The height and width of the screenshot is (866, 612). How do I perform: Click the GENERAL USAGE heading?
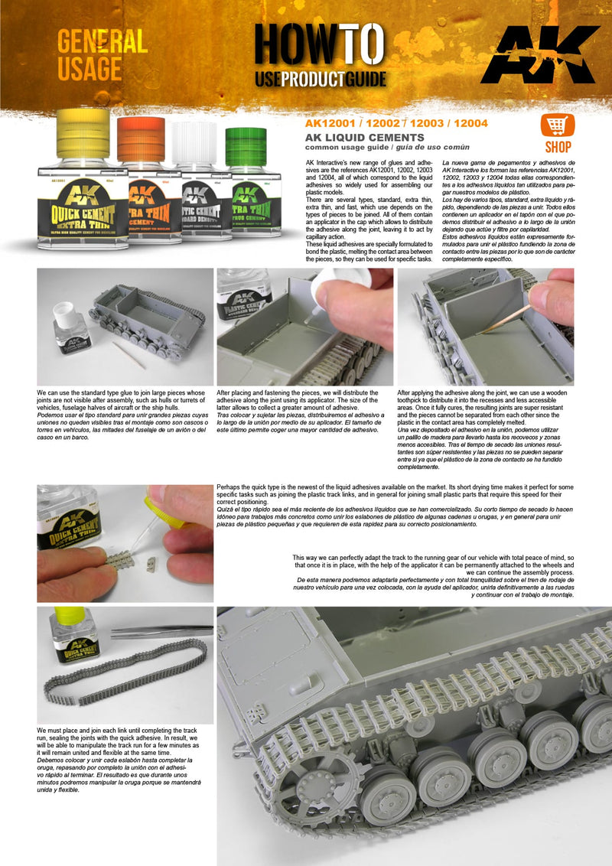[x=102, y=55]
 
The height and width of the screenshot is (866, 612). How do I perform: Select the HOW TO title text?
[x=320, y=44]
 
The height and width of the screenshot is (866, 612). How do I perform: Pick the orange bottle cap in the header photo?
[x=140, y=140]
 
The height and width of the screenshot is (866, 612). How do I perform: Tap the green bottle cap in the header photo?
[x=246, y=148]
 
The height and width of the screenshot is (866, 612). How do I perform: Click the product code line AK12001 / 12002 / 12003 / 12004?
[x=396, y=123]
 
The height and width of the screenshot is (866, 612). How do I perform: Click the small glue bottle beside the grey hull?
[x=70, y=330]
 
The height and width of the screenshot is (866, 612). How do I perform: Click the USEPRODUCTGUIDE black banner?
[x=320, y=79]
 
